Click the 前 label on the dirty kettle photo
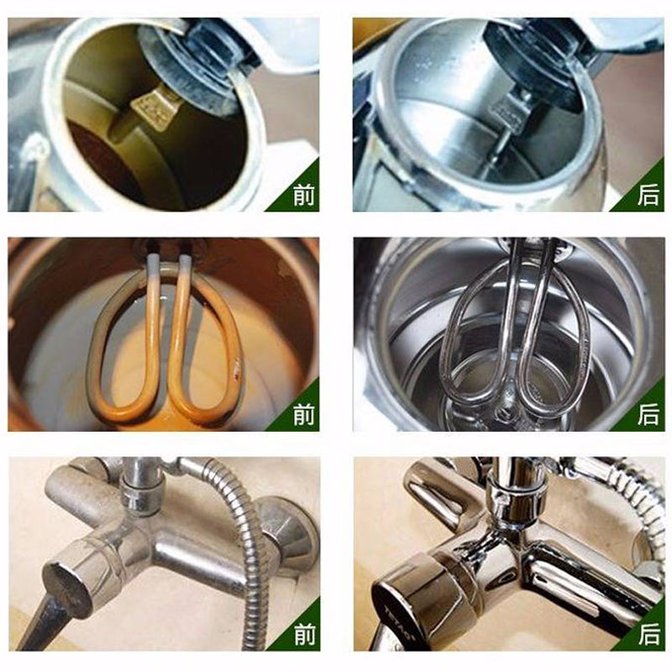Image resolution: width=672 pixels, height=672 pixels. tap(304, 195)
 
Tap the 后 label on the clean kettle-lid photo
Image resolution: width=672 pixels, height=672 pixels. tap(648, 195)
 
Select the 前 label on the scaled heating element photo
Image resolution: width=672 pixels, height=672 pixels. tap(304, 414)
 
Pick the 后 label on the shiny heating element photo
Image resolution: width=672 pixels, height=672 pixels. tap(648, 414)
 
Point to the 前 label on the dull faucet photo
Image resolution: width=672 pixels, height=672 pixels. tap(305, 634)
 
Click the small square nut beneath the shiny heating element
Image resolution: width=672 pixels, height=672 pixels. tap(501, 413)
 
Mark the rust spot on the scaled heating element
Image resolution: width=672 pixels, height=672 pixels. tap(236, 369)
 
